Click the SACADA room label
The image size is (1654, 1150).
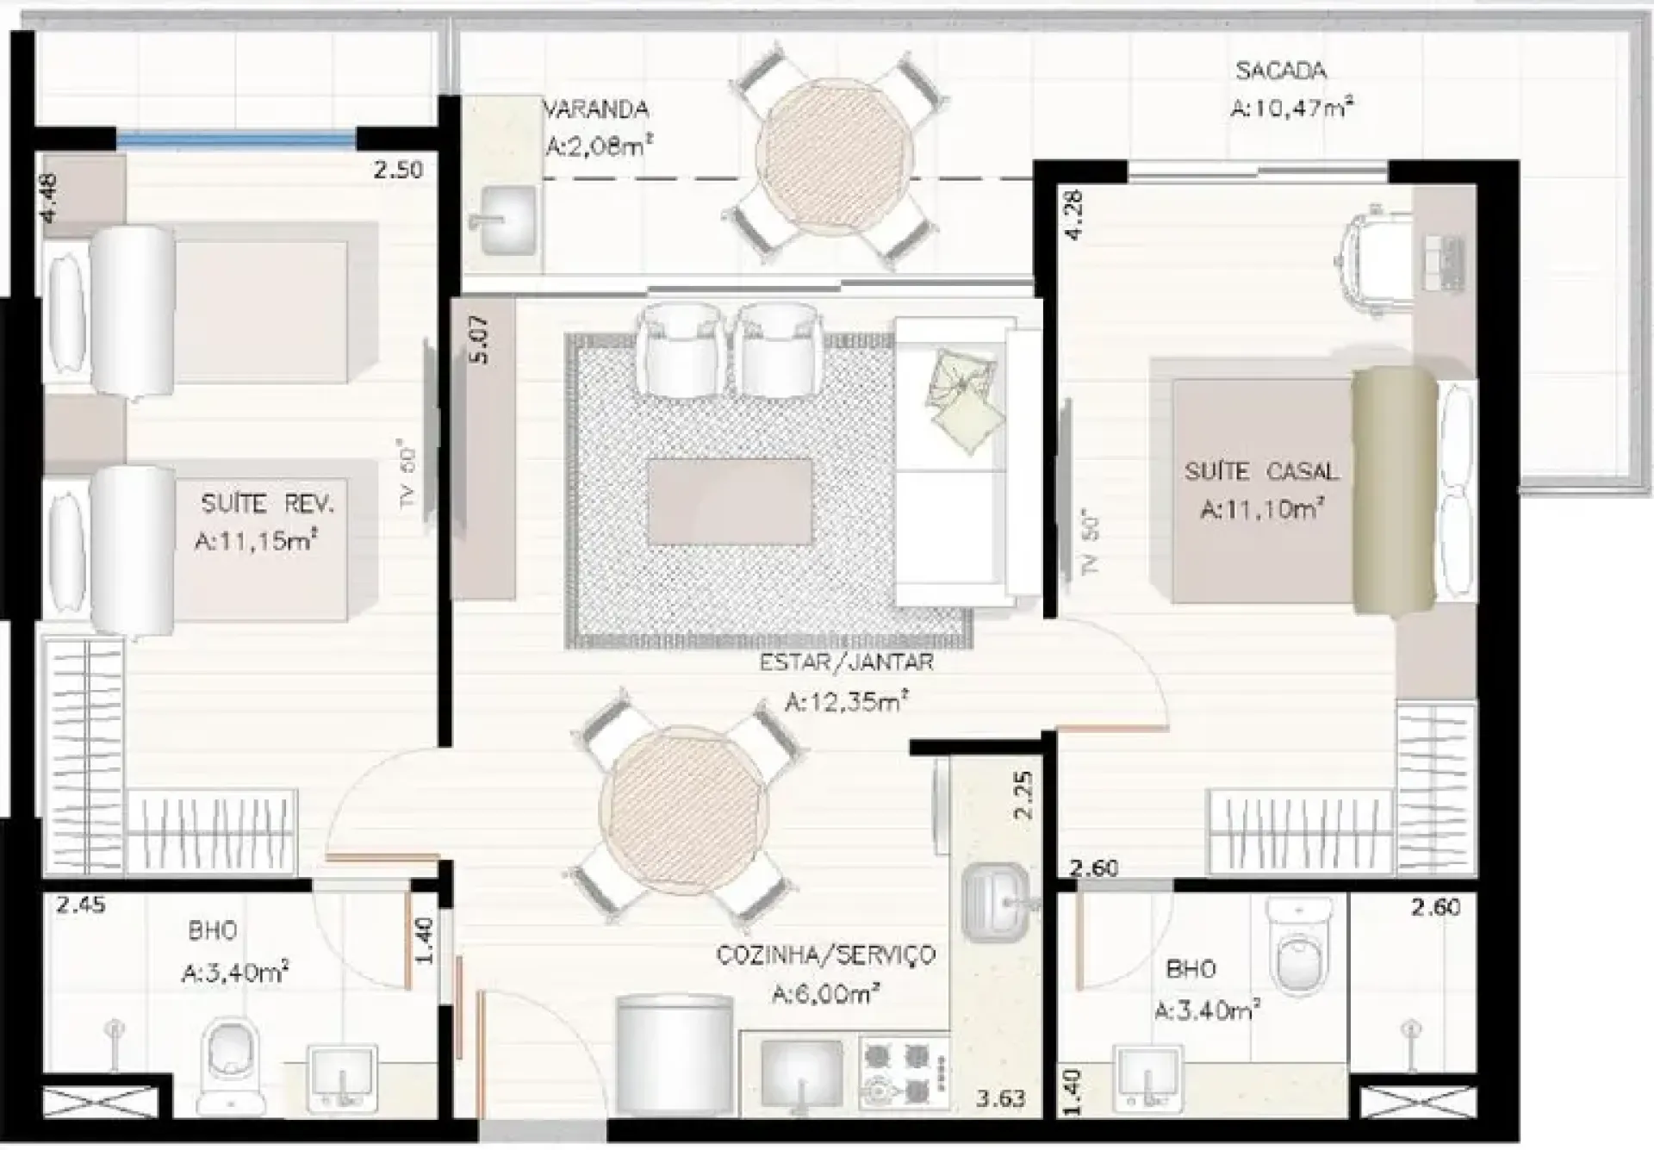tap(1280, 71)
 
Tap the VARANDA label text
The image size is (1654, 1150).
tap(595, 109)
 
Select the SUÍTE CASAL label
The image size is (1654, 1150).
tap(1261, 471)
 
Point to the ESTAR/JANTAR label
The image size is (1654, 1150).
tap(846, 662)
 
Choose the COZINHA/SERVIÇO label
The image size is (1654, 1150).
tap(825, 955)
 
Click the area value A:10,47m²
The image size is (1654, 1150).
tap(1291, 109)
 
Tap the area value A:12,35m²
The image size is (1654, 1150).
tap(846, 701)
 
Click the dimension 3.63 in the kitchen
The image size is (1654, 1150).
tap(1000, 1099)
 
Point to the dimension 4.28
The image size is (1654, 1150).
tap(1073, 214)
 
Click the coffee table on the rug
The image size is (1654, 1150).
tap(730, 502)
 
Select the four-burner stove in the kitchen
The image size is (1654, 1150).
tap(904, 1074)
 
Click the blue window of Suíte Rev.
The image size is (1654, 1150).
tap(237, 138)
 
